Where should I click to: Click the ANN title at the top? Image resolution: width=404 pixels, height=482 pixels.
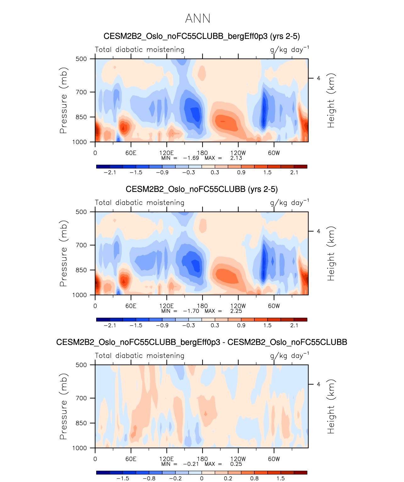pos(197,19)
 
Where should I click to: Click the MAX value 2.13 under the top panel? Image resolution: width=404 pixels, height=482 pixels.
pos(236,158)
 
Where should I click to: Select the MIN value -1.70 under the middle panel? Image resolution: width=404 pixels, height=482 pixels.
pos(191,311)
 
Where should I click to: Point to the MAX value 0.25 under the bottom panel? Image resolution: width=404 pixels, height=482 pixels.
pos(236,464)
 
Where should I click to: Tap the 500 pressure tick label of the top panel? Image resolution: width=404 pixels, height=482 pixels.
pos(81,59)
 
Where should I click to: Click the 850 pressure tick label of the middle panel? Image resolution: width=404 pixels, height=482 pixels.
pos(81,270)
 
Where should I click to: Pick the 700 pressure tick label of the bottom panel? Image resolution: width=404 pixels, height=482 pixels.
pos(81,398)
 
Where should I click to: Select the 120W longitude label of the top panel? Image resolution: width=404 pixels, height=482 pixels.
pos(238,153)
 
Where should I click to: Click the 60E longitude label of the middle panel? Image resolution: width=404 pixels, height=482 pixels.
pos(131,306)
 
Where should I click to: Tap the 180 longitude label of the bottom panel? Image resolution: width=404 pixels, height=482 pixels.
pos(202,459)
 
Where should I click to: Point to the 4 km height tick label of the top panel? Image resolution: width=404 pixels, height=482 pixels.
pos(318,78)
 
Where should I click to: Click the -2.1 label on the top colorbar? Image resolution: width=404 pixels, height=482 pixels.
pos(110,173)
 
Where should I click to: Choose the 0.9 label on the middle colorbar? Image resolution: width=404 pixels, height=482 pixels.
pos(241,326)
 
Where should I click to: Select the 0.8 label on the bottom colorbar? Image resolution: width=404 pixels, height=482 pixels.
pos(254,479)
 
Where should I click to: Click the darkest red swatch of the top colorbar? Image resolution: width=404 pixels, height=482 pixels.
pos(300,167)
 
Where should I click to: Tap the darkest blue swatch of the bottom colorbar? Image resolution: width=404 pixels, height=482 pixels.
pos(103,473)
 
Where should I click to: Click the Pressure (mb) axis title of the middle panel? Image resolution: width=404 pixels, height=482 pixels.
pos(63,253)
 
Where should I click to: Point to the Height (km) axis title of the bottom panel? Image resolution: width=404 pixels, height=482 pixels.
pos(331,406)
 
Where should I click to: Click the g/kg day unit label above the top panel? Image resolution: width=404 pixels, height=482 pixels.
pos(289,50)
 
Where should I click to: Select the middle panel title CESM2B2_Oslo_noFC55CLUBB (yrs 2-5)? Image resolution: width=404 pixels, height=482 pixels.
pos(202,189)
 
